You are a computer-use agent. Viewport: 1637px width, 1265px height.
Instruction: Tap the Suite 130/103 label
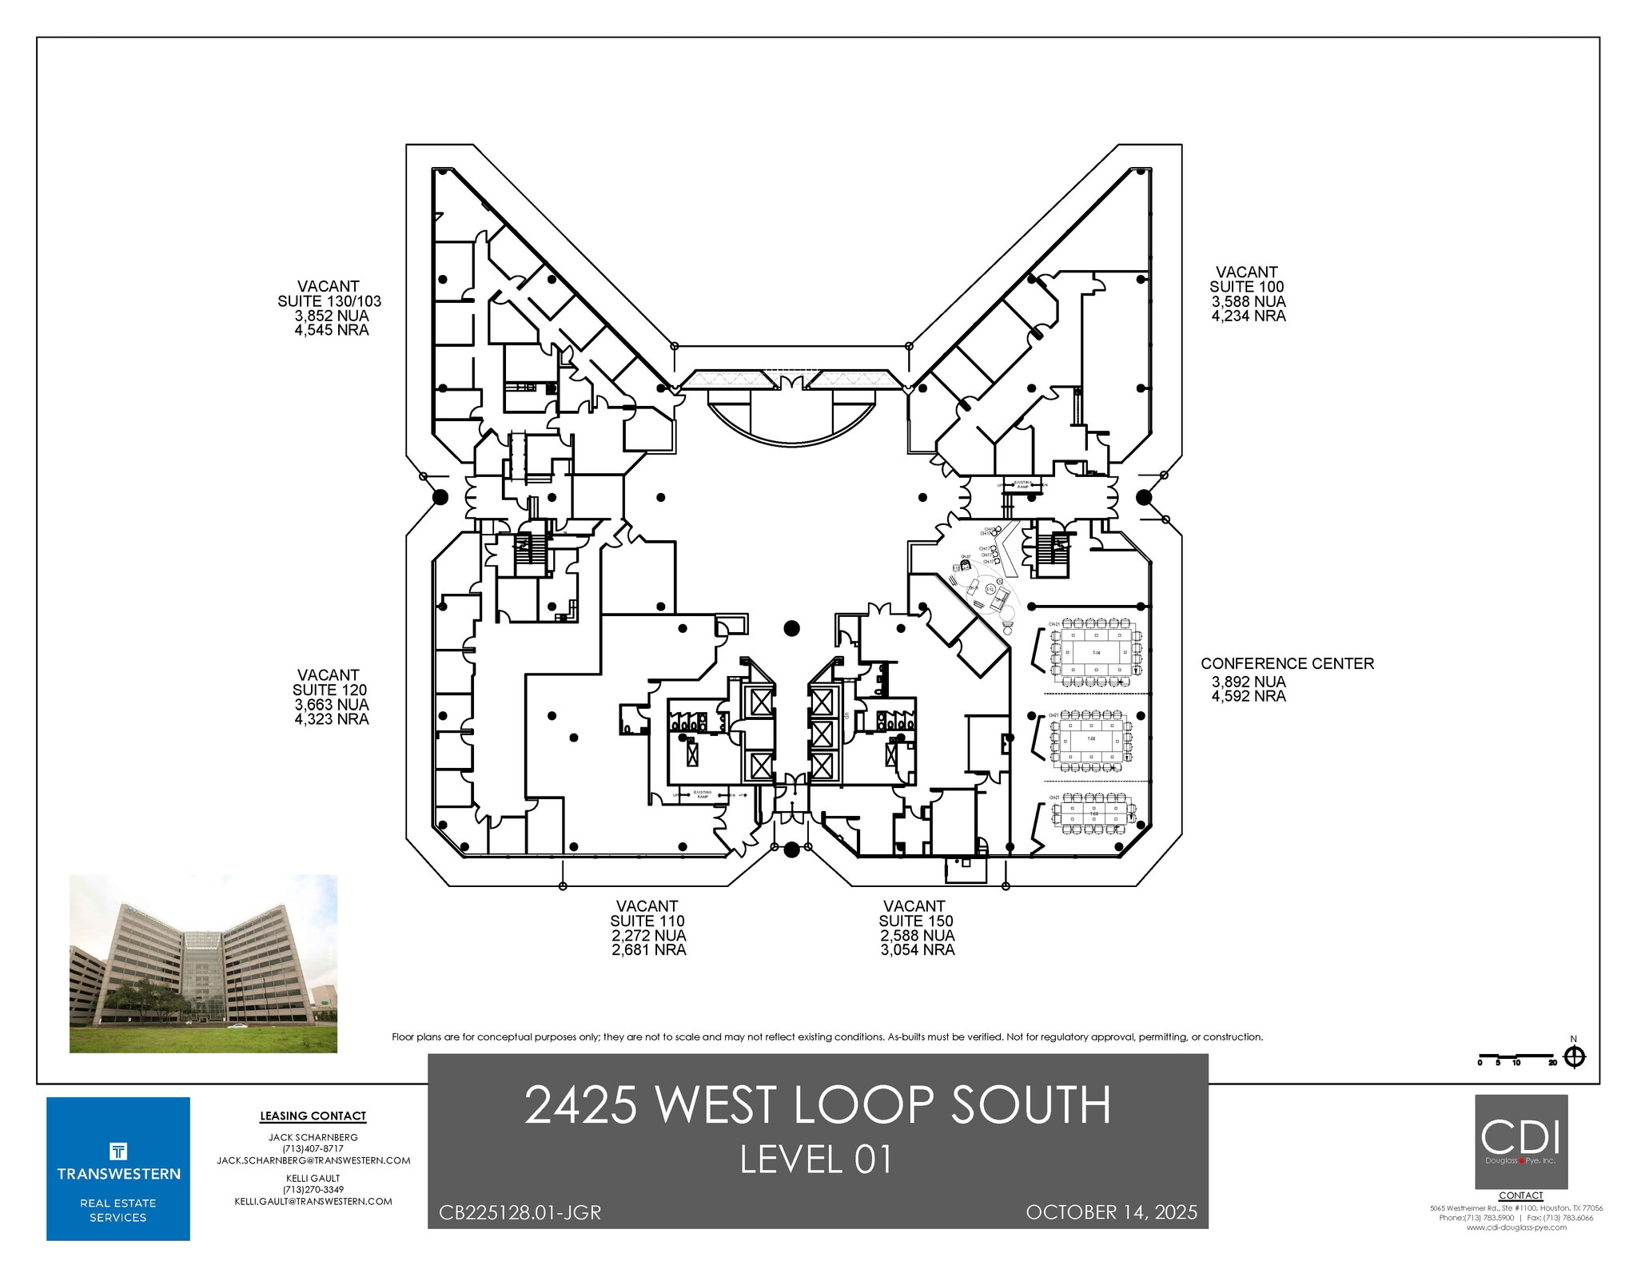[329, 301]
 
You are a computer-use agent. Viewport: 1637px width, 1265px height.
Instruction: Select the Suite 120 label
[329, 690]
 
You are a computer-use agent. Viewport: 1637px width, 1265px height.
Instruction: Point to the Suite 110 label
[647, 921]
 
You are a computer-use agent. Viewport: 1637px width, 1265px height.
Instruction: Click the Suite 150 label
[916, 921]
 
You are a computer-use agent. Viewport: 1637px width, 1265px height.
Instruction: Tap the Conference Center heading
[1287, 663]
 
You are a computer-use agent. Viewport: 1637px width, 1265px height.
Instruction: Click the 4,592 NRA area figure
[1249, 696]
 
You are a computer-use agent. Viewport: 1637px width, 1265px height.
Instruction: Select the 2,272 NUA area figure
[648, 935]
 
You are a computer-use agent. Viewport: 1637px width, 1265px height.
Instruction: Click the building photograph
[203, 963]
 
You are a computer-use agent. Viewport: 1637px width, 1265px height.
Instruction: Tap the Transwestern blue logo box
[118, 1168]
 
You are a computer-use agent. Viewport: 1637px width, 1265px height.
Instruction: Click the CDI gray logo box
[1520, 1141]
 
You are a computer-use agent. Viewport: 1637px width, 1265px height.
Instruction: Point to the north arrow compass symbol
[1574, 1056]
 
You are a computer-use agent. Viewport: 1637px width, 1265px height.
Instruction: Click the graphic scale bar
[1516, 1058]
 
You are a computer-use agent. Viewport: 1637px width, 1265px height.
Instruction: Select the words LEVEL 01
[816, 1160]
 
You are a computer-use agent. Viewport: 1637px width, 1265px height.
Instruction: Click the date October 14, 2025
[1111, 1212]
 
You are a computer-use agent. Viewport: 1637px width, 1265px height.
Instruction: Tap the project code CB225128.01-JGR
[520, 1212]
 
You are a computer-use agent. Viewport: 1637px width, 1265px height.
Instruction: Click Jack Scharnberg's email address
[313, 1160]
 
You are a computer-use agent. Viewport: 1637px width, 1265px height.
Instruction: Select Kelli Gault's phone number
[313, 1190]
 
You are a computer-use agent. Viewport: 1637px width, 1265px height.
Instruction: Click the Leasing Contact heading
[313, 1116]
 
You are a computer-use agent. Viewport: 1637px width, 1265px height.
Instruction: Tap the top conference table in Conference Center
[1096, 652]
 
